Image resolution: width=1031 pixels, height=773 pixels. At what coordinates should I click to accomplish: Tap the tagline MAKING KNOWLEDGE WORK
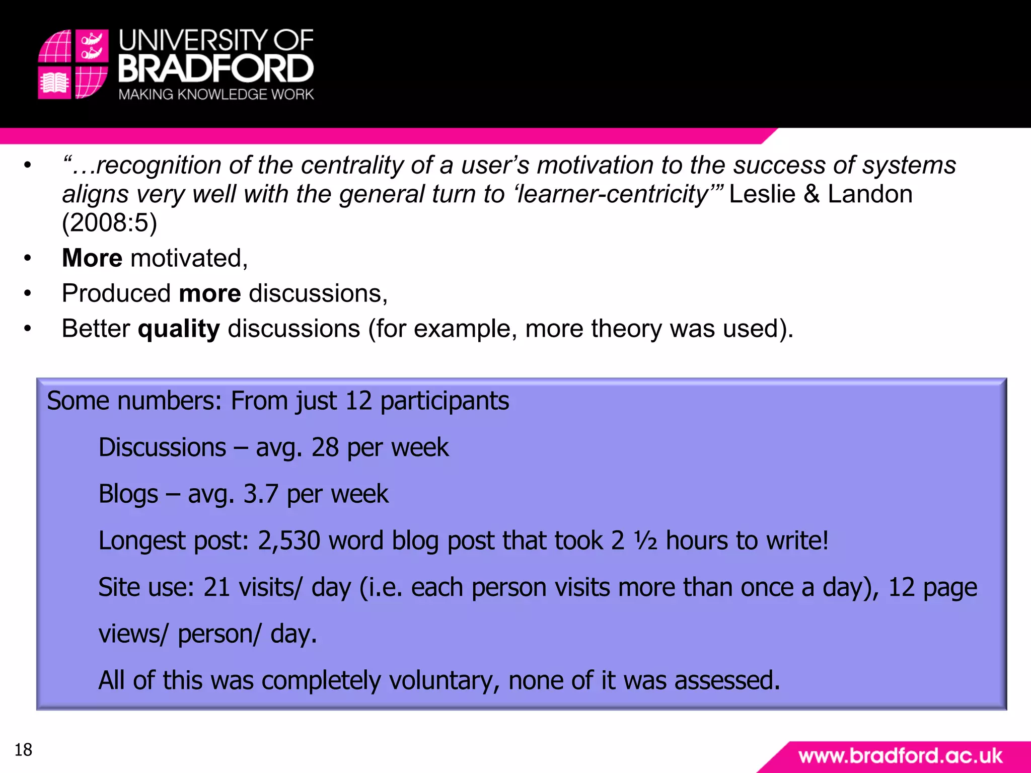click(x=216, y=95)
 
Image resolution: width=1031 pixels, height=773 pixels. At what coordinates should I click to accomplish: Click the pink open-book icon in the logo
click(x=54, y=83)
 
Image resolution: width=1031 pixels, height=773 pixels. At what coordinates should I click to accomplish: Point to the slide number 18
click(x=23, y=750)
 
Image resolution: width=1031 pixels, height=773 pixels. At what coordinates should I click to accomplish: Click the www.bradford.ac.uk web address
click(x=900, y=756)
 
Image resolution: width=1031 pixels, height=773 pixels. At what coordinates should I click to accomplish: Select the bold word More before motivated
click(x=92, y=258)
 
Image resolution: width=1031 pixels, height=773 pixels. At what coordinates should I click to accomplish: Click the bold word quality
click(x=179, y=329)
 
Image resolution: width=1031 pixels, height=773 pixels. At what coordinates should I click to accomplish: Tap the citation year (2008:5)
click(x=109, y=222)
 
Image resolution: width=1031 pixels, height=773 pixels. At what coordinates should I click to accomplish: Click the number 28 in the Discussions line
click(x=325, y=447)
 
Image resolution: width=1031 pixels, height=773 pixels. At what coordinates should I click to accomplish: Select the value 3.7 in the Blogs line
click(x=260, y=494)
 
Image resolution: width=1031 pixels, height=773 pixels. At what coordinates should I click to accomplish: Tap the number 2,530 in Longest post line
click(x=289, y=540)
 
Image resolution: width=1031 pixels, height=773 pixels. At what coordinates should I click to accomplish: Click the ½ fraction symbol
click(x=645, y=540)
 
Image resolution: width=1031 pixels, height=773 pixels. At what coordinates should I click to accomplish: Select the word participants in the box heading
click(x=445, y=401)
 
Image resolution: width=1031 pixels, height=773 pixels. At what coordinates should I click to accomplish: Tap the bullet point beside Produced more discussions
click(x=28, y=293)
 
